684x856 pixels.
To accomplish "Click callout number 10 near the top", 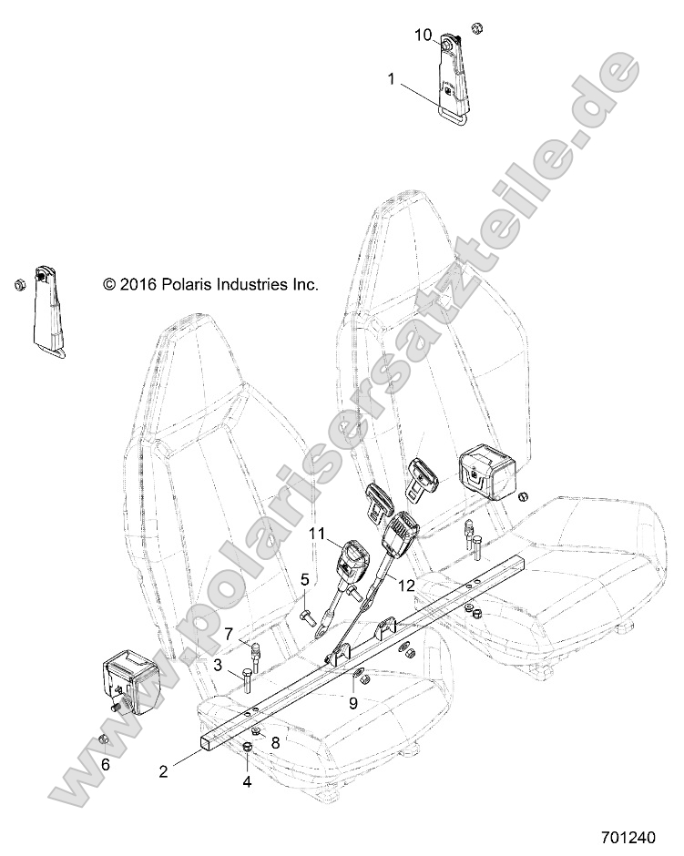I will click(x=423, y=35).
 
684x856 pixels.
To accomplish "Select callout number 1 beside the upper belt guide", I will click(x=392, y=79).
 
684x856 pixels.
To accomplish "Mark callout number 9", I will click(x=354, y=702).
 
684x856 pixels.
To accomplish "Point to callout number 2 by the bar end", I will click(x=163, y=772).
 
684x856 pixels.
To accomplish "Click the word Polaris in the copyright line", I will click(x=190, y=285).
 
